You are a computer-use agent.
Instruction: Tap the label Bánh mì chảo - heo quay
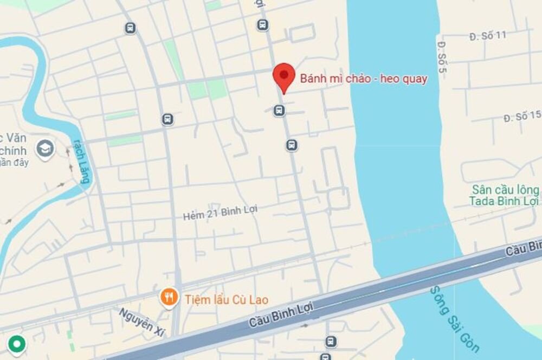coord(364,79)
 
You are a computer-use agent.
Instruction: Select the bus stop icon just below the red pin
coord(279,111)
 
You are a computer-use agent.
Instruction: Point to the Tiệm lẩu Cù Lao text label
coord(227,299)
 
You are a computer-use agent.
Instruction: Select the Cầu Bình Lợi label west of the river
coord(281,315)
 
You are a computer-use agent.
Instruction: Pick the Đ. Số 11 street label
coord(487,35)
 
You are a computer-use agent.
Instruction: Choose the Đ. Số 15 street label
coord(522,116)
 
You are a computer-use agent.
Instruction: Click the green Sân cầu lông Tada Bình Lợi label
coord(505,195)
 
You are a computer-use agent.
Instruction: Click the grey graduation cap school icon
coord(46,147)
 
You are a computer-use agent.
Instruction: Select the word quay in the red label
coord(415,79)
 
